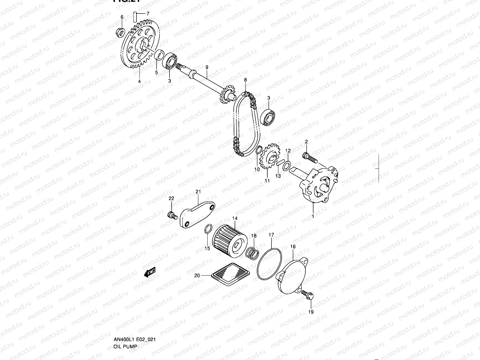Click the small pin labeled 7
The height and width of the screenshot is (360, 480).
(135, 16)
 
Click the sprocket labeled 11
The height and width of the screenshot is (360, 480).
(269, 159)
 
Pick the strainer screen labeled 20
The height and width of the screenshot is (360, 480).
(230, 273)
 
